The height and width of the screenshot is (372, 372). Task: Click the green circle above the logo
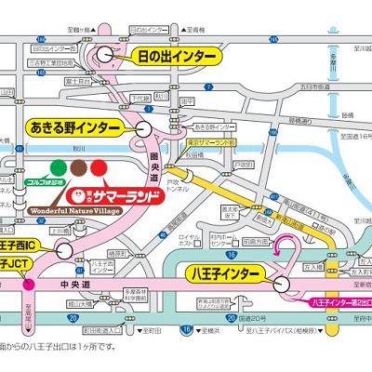[59, 168]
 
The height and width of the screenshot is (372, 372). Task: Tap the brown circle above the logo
[78, 168]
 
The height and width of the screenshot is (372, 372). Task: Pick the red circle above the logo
[98, 168]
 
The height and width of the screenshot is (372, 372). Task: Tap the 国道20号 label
[241, 316]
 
